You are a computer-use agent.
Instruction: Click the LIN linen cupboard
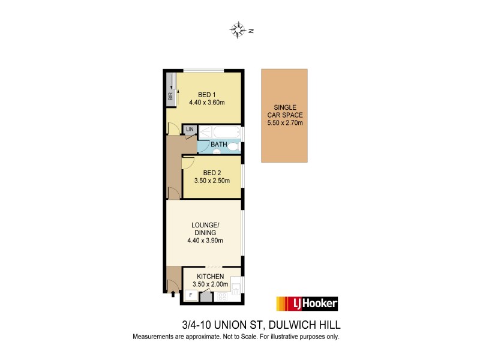coord(190,130)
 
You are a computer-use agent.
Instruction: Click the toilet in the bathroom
coord(234,145)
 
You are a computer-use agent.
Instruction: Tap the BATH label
coord(218,145)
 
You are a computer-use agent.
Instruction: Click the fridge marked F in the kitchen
coord(191,295)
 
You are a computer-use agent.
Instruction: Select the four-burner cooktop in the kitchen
coord(221,296)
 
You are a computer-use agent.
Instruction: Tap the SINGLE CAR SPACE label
coord(285,111)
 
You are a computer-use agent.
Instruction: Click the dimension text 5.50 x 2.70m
coord(285,123)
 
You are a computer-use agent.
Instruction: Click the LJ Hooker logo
coord(306,304)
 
